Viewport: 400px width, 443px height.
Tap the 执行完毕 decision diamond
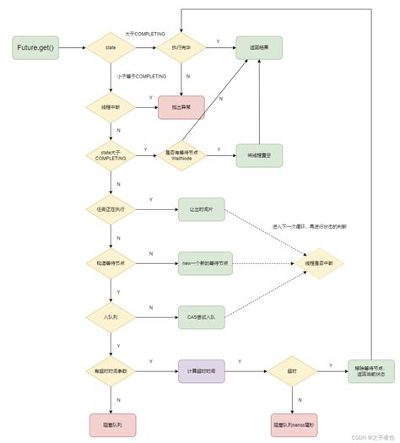[181, 48]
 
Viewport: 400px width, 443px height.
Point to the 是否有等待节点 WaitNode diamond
[181, 154]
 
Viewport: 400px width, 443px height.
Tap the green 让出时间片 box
[201, 209]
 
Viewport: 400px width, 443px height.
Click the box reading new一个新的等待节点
[201, 263]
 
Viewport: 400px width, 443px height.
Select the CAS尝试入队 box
[201, 317]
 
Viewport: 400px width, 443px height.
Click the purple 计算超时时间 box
[201, 371]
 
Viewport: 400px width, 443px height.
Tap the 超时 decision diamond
[291, 371]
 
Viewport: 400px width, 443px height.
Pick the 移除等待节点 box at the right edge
[371, 371]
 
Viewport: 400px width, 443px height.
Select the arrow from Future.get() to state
[73, 48]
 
